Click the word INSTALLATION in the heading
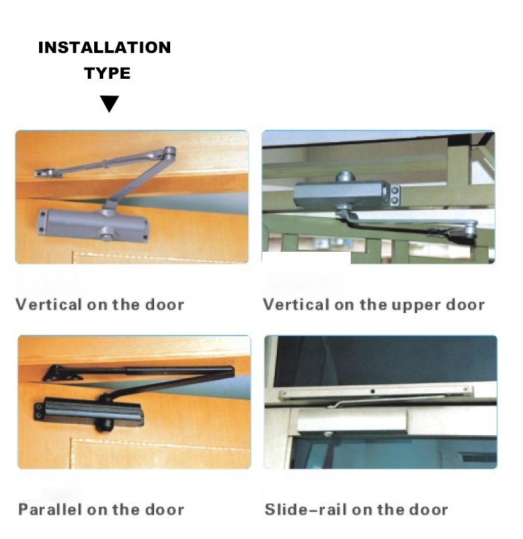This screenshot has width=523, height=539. pyautogui.click(x=105, y=47)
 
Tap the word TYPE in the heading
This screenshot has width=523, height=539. pyautogui.click(x=107, y=73)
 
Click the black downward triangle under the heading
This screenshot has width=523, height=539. pyautogui.click(x=109, y=104)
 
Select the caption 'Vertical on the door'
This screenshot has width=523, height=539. pyautogui.click(x=100, y=305)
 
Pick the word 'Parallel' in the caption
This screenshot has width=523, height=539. pyautogui.click(x=50, y=509)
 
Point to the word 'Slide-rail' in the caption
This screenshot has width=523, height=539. pyautogui.click(x=306, y=509)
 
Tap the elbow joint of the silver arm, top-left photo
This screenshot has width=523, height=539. pyautogui.click(x=169, y=152)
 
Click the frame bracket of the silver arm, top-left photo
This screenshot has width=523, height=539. pyautogui.click(x=48, y=172)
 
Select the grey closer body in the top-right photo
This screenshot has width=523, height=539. pyautogui.click(x=346, y=195)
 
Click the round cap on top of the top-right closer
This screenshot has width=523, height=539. pyautogui.click(x=344, y=176)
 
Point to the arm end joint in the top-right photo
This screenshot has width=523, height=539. pyautogui.click(x=470, y=228)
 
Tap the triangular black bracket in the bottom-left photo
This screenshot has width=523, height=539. pyautogui.click(x=60, y=373)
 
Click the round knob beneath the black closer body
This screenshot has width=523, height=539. pyautogui.click(x=104, y=425)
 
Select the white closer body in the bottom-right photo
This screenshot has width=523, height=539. pyautogui.click(x=351, y=420)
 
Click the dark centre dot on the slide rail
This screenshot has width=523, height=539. pyautogui.click(x=372, y=392)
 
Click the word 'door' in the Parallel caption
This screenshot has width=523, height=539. pyautogui.click(x=165, y=510)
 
